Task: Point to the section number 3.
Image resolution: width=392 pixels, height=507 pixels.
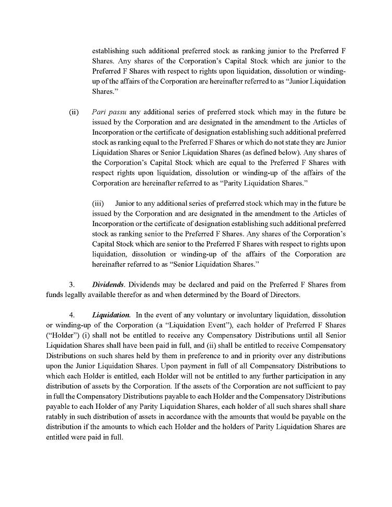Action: pos(72,285)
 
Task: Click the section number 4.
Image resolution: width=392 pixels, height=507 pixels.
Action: pos(72,315)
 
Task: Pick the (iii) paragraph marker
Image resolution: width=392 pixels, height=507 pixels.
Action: pos(98,203)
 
